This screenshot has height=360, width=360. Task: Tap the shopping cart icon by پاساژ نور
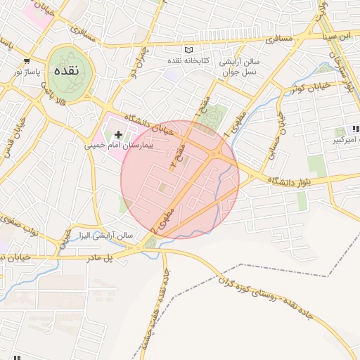click(27, 61)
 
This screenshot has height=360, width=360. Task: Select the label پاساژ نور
click(27, 72)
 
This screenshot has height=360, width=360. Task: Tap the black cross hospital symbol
click(118, 134)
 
